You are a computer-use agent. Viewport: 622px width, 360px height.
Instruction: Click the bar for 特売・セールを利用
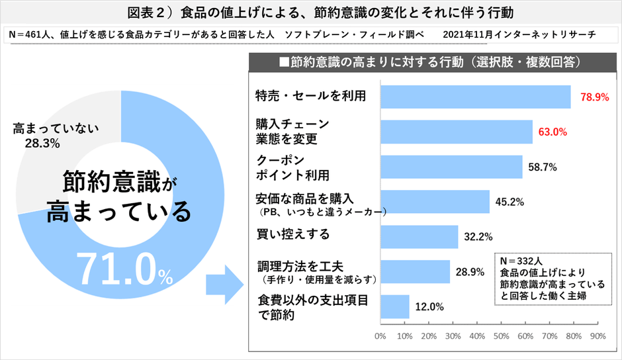click(x=475, y=97)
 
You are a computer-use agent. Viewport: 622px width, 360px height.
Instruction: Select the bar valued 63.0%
click(x=457, y=132)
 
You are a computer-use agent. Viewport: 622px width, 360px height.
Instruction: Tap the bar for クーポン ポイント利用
click(x=451, y=167)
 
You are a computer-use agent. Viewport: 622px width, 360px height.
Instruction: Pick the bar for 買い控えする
click(x=419, y=236)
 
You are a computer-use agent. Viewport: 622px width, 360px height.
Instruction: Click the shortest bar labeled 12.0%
click(x=395, y=306)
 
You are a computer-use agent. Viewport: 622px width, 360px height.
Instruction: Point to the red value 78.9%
click(x=594, y=97)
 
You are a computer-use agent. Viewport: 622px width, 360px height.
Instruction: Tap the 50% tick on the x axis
click(x=501, y=336)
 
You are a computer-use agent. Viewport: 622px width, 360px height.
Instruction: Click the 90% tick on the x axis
click(x=598, y=336)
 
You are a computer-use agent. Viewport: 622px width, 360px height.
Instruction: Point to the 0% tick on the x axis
click(x=380, y=336)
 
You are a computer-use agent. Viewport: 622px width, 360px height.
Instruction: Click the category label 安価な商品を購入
click(x=305, y=198)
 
